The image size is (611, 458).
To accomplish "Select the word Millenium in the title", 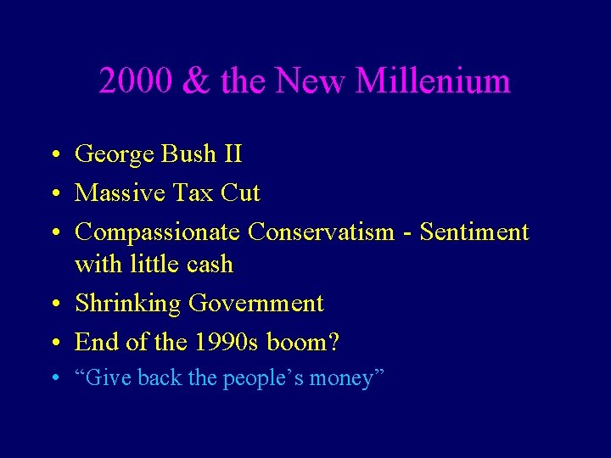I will point(433,81).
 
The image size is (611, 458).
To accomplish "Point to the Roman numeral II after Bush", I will point(232,154).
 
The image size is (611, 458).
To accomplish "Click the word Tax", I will point(191,193).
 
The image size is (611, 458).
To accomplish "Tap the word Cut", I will point(240,193).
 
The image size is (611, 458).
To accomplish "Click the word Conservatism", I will point(321,232).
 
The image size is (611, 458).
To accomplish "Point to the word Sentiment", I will point(474,232).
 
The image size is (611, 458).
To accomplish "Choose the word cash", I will point(210,265).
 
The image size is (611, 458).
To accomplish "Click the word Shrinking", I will point(127,304).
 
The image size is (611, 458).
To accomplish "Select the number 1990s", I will point(227,342).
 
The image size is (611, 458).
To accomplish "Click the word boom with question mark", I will point(303,342).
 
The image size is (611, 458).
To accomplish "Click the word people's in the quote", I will point(262,378).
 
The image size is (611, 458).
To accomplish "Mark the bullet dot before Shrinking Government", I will point(53,304).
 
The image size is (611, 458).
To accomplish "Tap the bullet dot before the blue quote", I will point(53,379).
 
